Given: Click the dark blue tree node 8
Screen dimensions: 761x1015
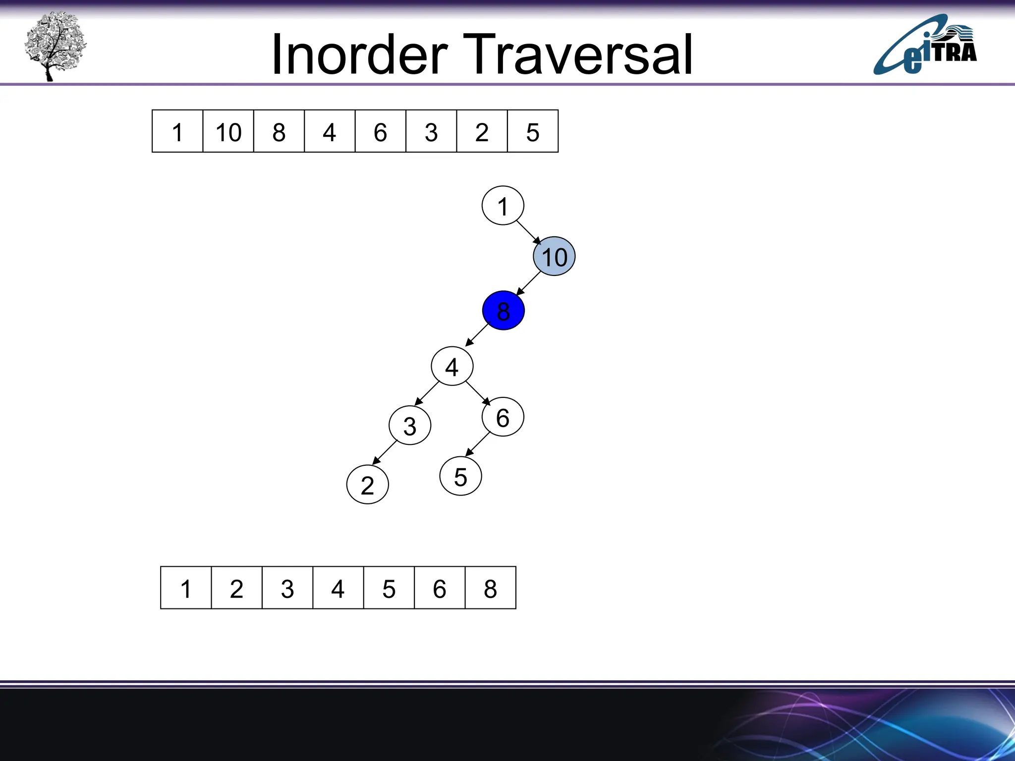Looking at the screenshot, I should [x=503, y=311].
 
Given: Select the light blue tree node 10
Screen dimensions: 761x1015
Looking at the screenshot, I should [x=554, y=256].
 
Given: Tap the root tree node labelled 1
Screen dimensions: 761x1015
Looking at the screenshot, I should [x=503, y=206].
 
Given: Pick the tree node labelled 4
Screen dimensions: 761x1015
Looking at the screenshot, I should [x=452, y=367].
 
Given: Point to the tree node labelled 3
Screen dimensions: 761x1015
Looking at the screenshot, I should [x=410, y=426].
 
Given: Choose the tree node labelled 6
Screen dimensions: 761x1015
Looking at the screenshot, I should [x=503, y=417].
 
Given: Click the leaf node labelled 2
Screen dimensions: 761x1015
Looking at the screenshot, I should [x=367, y=485].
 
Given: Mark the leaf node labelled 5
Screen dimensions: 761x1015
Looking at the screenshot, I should [x=460, y=476].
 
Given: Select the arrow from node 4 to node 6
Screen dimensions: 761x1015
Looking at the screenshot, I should [x=478, y=393].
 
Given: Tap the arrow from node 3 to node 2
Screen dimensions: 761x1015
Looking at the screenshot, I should [x=385, y=452].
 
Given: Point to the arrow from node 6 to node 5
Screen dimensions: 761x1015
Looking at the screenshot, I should [x=478, y=444].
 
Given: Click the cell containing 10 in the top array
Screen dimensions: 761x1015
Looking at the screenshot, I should [x=228, y=131].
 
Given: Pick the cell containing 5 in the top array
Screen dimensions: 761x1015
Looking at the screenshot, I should [x=533, y=131].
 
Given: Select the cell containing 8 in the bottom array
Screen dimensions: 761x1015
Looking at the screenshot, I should [x=490, y=588].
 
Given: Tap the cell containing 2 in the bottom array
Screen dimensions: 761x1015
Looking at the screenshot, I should [x=236, y=588].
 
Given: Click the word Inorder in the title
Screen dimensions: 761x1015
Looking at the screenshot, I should [x=359, y=54].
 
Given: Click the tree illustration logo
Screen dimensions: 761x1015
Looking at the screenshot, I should [x=55, y=46].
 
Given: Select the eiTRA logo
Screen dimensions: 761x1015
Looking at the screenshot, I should [x=925, y=46].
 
